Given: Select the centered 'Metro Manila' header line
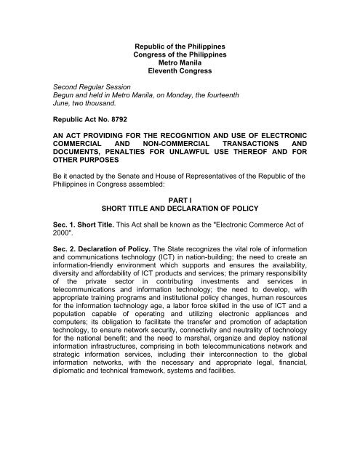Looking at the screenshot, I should coord(179,73).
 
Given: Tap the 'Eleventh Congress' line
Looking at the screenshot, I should coord(179,83).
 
